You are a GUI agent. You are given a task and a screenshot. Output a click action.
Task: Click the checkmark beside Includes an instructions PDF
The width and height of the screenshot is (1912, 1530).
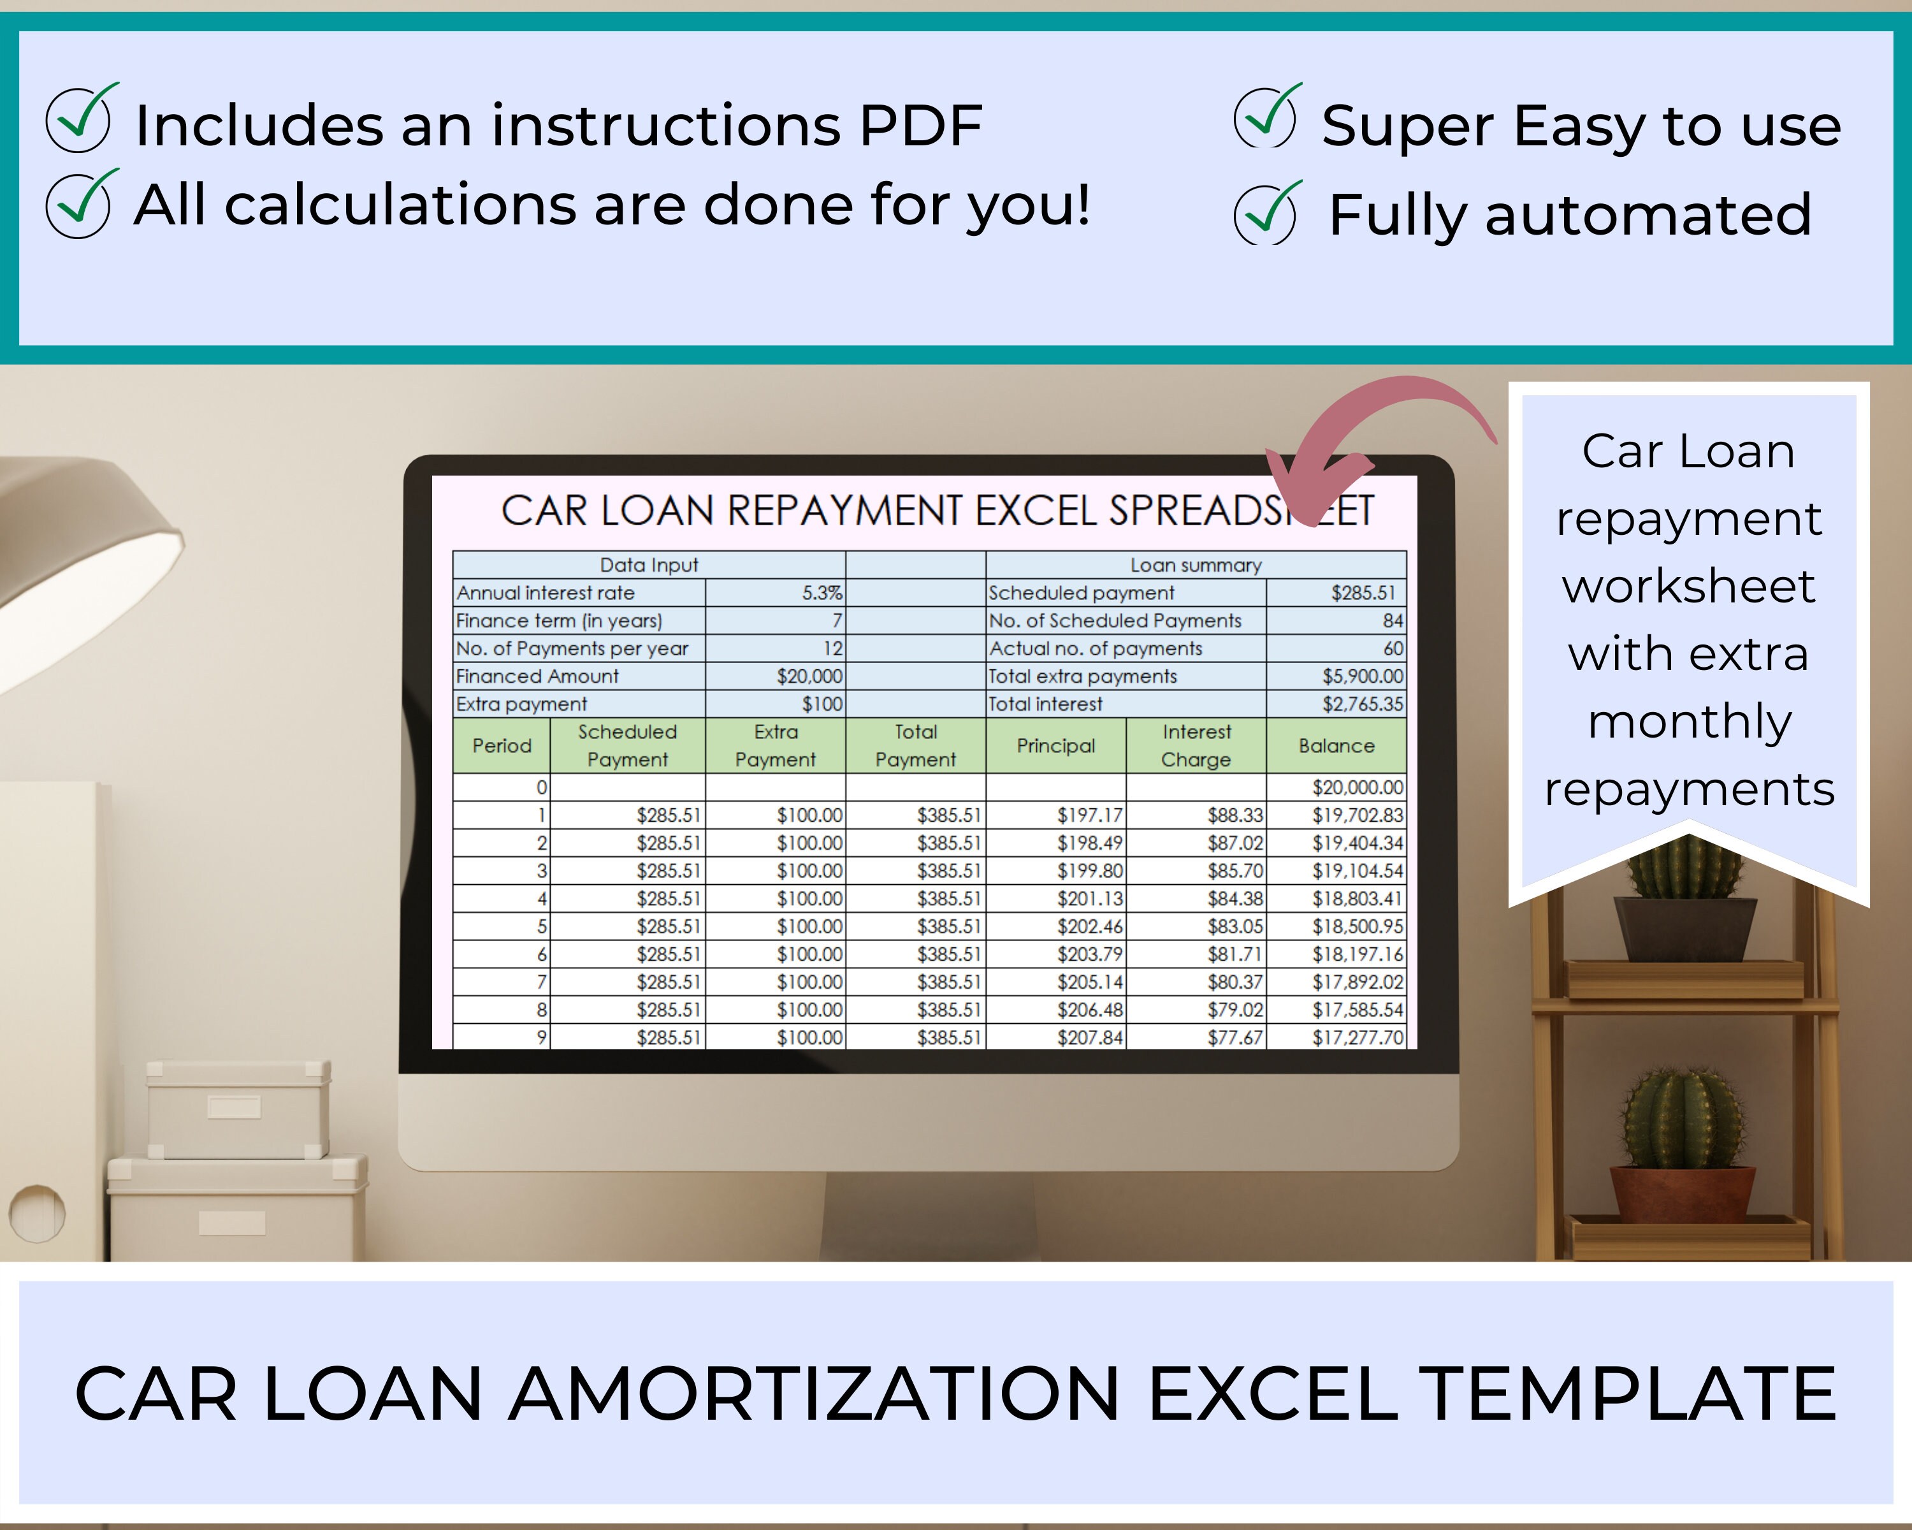pyautogui.click(x=80, y=120)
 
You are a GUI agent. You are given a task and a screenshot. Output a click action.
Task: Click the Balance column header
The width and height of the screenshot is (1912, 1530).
pyautogui.click(x=1336, y=746)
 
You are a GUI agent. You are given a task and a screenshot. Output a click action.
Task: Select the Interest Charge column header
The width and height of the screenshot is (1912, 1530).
pyautogui.click(x=1196, y=746)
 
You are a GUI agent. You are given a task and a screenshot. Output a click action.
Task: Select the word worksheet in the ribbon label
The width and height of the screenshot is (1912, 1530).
pyautogui.click(x=1688, y=586)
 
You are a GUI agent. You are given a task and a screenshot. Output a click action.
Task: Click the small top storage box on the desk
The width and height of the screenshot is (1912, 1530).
pyautogui.click(x=238, y=1109)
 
